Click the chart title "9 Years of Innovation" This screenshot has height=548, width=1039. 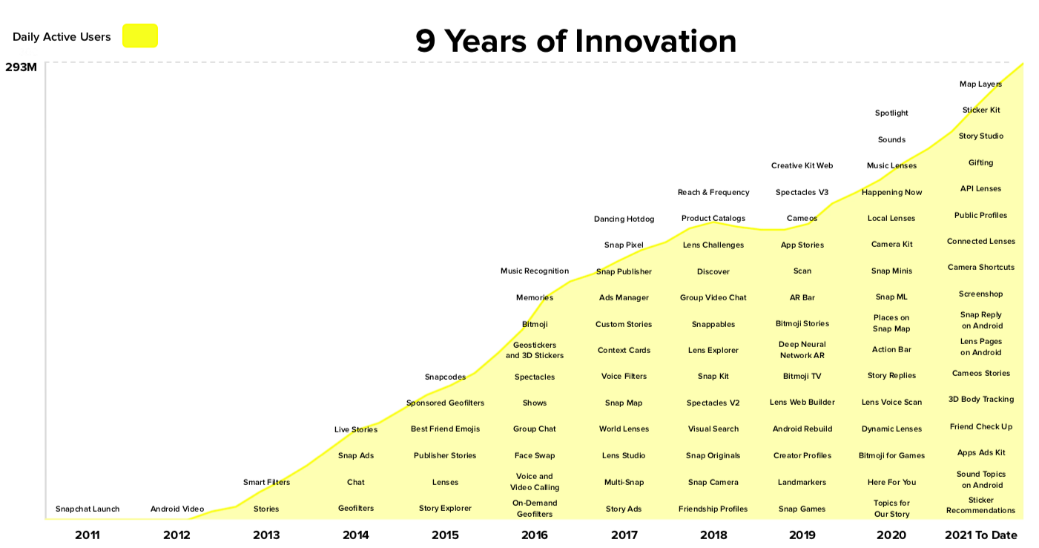(575, 41)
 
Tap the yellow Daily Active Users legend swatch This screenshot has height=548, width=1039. (140, 36)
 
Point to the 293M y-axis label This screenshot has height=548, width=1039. (21, 67)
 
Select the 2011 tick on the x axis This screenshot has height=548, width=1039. (88, 535)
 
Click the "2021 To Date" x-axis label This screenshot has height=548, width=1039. (981, 535)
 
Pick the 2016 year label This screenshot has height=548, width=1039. (535, 535)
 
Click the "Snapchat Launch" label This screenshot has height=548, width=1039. (88, 509)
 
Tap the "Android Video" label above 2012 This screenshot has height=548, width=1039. (177, 509)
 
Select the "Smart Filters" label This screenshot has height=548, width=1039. (266, 482)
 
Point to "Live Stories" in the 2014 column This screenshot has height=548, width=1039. (356, 429)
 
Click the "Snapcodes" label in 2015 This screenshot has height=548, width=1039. (445, 377)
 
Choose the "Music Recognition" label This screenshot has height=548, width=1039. (535, 271)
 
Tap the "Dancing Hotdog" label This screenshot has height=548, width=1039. (624, 219)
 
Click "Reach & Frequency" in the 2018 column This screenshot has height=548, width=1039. (713, 192)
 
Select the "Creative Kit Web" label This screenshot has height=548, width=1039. (802, 165)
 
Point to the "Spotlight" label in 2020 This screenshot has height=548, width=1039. (891, 113)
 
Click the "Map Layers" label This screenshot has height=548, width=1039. (980, 84)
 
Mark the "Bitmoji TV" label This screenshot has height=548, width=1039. (802, 376)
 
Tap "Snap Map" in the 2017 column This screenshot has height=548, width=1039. (624, 403)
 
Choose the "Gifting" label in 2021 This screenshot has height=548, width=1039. (980, 162)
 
